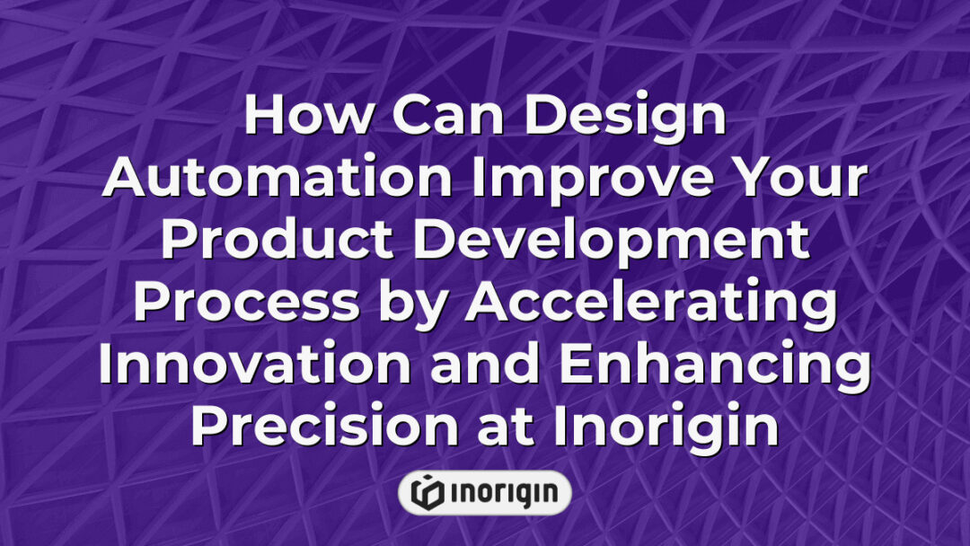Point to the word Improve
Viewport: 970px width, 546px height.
coord(585,179)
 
